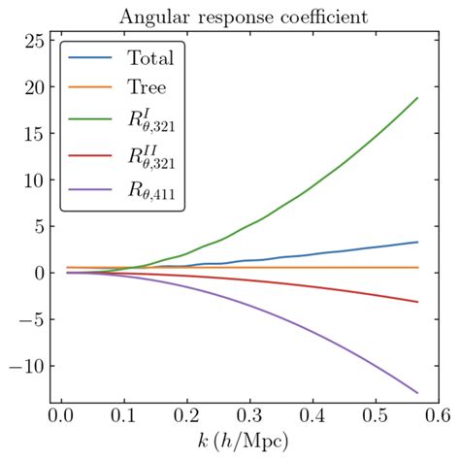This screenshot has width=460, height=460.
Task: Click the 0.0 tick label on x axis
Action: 56,416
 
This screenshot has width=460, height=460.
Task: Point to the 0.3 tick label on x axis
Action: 250,416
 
